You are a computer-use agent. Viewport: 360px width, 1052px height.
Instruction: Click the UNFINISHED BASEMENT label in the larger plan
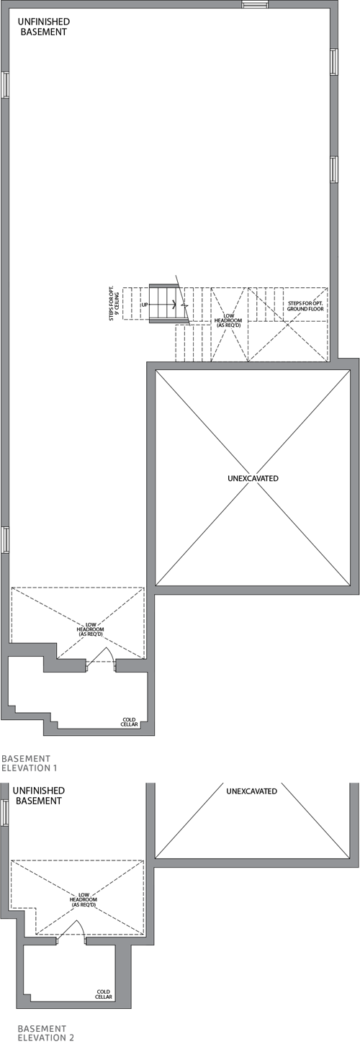tap(43, 27)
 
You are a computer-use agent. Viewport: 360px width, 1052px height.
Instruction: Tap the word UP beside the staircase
tap(145, 305)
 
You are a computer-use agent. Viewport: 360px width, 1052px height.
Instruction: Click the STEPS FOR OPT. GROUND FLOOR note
tap(305, 306)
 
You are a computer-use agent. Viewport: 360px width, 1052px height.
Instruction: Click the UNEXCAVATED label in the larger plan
tap(253, 478)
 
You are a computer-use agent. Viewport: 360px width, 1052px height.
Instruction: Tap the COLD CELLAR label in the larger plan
tap(130, 722)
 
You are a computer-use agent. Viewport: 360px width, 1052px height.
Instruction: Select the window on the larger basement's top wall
tap(255, 4)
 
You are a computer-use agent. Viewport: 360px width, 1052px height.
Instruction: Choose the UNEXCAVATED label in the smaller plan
tap(251, 791)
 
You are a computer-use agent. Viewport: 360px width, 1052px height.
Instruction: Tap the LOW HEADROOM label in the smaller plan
tap(84, 899)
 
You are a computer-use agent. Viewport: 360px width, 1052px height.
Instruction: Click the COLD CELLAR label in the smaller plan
tap(104, 994)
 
